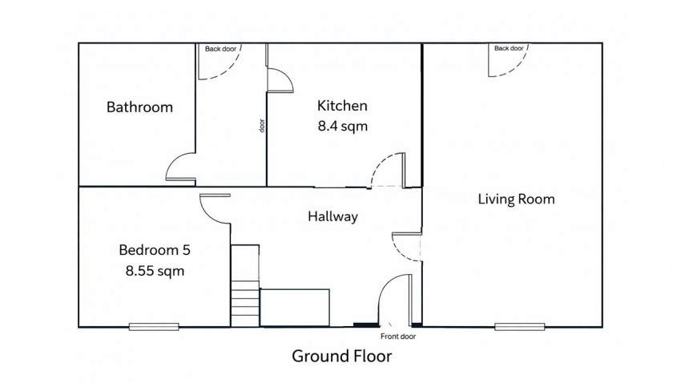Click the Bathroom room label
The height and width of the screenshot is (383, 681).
point(139,107)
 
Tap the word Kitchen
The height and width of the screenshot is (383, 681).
point(342,106)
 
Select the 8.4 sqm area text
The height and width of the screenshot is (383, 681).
point(343,126)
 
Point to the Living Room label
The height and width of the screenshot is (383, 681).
point(517,199)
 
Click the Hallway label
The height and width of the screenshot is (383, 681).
point(333,216)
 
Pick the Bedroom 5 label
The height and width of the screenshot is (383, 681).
point(155,250)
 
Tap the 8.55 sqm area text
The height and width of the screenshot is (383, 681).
point(155,271)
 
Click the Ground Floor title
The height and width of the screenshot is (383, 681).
point(342,356)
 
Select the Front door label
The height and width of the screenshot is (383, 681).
point(398,336)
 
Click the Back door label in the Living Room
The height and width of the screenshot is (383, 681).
point(509,48)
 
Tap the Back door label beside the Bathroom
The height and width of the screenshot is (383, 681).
point(220,49)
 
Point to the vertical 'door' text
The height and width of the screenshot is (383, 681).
point(261,126)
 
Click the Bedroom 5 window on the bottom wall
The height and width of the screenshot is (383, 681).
point(154,327)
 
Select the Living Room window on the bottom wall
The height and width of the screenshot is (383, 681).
point(519,327)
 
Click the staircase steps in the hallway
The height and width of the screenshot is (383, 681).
point(245,304)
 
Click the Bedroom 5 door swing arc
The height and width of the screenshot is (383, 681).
point(208,216)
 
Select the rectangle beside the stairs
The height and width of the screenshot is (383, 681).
point(295,308)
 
